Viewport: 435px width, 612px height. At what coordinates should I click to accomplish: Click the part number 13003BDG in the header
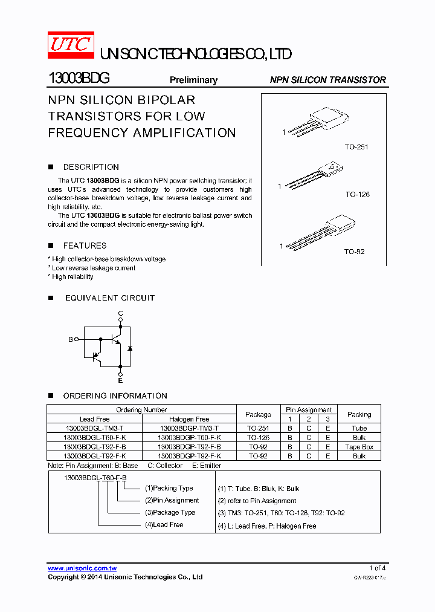point(79,79)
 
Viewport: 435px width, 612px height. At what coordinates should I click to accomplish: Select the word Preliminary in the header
point(193,80)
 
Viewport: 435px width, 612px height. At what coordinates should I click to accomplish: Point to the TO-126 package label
point(357,195)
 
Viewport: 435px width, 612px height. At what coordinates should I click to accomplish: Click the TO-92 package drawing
point(320,233)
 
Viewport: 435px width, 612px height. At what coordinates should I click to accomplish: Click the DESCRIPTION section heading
point(91,167)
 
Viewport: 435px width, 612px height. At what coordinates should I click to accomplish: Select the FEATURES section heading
point(85,246)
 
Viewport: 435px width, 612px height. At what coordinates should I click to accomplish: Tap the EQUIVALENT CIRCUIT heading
point(109,298)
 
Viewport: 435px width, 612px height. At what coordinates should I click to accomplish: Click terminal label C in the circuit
point(120,313)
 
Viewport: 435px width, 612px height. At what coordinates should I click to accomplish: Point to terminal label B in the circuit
point(70,340)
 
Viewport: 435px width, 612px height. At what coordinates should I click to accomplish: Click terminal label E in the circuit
point(120,380)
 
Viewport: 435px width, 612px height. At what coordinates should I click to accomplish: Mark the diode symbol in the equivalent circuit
point(130,348)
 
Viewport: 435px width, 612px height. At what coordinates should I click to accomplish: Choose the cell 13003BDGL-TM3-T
point(94,428)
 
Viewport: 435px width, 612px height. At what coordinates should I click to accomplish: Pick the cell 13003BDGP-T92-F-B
point(189,447)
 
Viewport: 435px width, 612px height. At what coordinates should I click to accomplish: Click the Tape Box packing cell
point(359,447)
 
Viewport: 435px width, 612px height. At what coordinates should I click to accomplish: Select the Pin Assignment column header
point(309,409)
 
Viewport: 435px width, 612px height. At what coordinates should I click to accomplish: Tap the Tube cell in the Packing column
point(359,428)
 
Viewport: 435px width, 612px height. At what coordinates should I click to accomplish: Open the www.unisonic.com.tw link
point(82,568)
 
